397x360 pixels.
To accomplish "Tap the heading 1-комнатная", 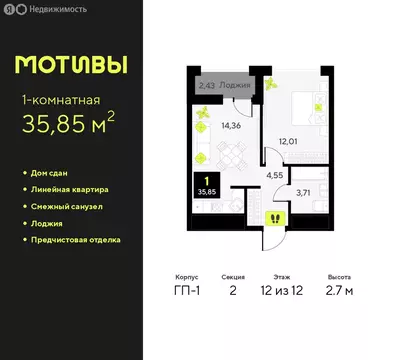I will coord(63,99).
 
